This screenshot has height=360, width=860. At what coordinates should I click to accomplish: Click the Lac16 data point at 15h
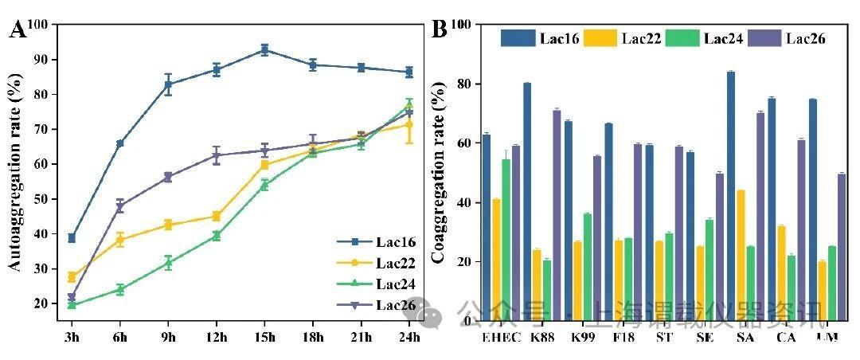(264, 49)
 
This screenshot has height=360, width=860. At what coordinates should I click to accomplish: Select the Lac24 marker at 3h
(72, 305)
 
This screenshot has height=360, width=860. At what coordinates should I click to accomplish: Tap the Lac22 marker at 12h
(216, 216)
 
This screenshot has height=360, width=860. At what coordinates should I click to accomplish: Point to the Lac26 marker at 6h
(120, 206)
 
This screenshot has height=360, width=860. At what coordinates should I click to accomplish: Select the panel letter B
(439, 29)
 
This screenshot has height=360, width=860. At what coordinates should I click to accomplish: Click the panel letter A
(18, 31)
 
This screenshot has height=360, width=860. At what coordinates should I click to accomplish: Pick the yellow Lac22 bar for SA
(741, 256)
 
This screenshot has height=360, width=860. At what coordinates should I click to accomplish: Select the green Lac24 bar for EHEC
(506, 240)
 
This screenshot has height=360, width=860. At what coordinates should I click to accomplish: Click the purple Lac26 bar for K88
(557, 216)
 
